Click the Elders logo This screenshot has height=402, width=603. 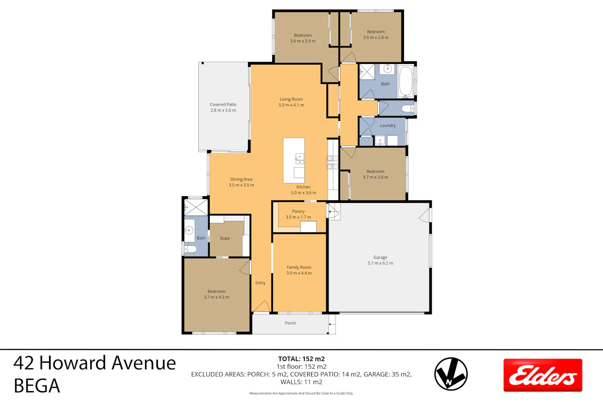coord(543,375)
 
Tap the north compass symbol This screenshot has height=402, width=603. coord(451,374)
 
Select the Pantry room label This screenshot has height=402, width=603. coord(298,211)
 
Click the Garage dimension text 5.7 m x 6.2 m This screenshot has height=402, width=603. coord(380,263)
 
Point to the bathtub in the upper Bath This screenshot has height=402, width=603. coord(406,81)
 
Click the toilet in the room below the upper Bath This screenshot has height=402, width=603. coord(408,108)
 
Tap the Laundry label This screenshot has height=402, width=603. coord(388,125)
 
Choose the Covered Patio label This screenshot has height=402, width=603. coord(223,105)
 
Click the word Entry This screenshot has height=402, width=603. coord(260,283)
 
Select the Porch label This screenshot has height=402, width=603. coord(291,323)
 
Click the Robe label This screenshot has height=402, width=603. coord(225,238)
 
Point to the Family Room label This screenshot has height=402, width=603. coord(299,267)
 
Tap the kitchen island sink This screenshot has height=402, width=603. coord(299,159)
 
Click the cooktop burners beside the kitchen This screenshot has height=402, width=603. coord(332,162)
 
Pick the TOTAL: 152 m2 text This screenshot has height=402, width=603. coord(301,359)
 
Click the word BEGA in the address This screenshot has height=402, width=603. coord(37,386)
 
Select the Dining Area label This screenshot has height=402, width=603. coord(241,179)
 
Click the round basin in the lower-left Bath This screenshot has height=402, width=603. coord(189,230)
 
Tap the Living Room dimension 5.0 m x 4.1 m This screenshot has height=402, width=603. coord(291,105)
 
